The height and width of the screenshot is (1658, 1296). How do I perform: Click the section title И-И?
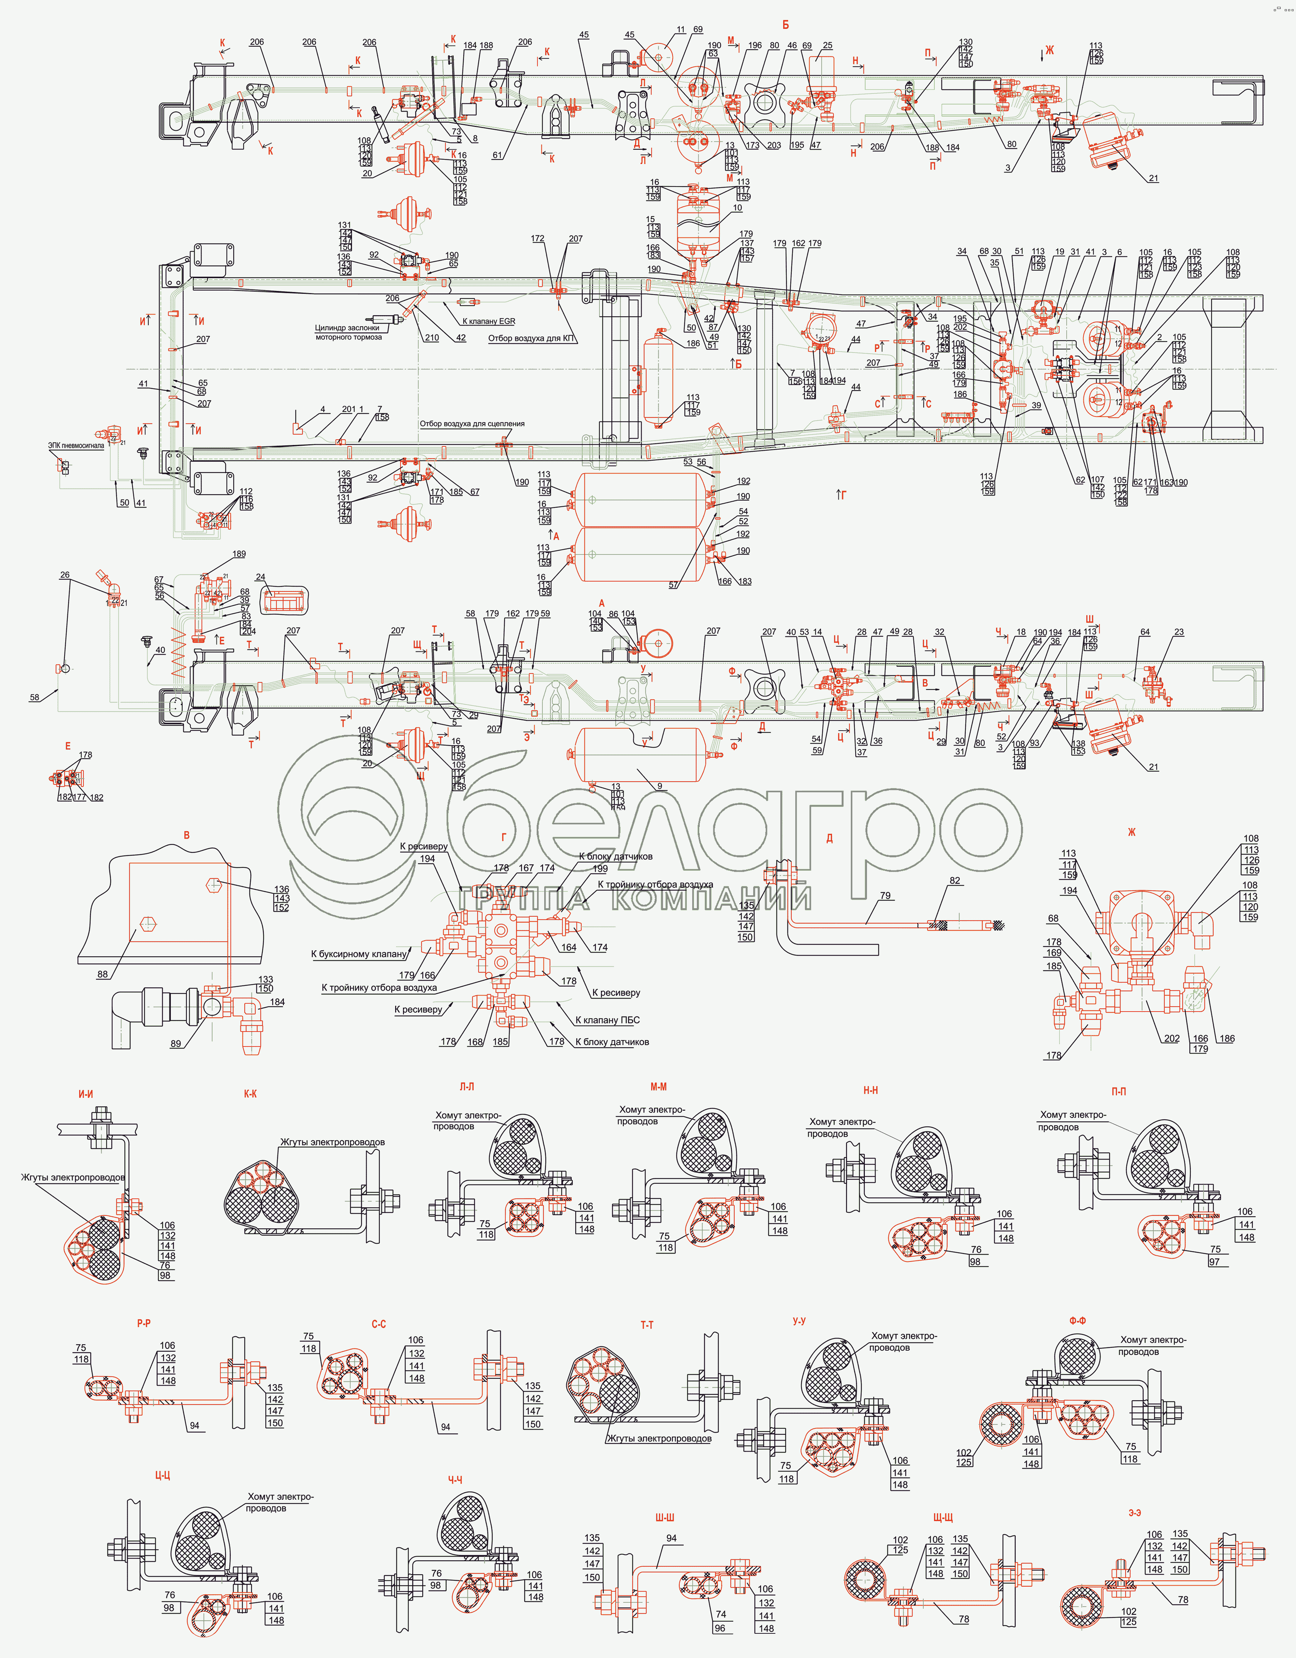click(86, 1094)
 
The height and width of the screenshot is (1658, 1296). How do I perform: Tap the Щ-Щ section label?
click(943, 1517)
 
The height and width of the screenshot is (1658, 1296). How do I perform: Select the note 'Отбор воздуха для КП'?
click(531, 339)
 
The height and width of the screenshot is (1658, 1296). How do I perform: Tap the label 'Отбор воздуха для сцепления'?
click(472, 424)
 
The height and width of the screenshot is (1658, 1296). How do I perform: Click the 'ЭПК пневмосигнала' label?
click(76, 446)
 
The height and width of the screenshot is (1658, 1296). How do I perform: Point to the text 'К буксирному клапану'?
click(359, 954)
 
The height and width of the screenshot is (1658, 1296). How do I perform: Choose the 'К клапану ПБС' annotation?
click(607, 1020)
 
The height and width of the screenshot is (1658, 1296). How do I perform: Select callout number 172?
click(537, 239)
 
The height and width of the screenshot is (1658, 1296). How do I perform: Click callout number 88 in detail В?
click(102, 974)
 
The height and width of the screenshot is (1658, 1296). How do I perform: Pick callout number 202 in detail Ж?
click(1172, 1039)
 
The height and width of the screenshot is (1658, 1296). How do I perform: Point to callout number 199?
click(600, 869)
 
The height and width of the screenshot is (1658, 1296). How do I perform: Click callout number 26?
click(65, 575)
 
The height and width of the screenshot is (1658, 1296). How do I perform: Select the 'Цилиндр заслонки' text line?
click(347, 328)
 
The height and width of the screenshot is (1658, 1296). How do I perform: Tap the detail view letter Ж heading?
click(1131, 832)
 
